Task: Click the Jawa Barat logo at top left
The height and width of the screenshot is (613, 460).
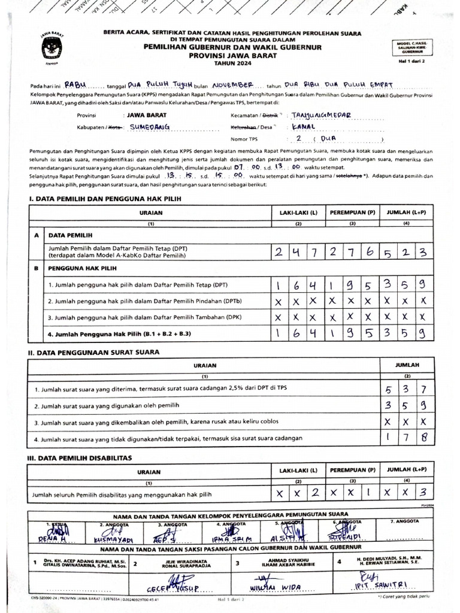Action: click(x=51, y=45)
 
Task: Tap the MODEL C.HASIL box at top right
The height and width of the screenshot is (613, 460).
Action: click(x=412, y=48)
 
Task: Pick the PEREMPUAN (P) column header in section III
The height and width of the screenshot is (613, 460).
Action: click(x=353, y=471)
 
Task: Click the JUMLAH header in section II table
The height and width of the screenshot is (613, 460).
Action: click(x=407, y=365)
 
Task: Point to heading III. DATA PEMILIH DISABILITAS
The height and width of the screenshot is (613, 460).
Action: click(x=85, y=459)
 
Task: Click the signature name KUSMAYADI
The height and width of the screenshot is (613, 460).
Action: click(x=116, y=538)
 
